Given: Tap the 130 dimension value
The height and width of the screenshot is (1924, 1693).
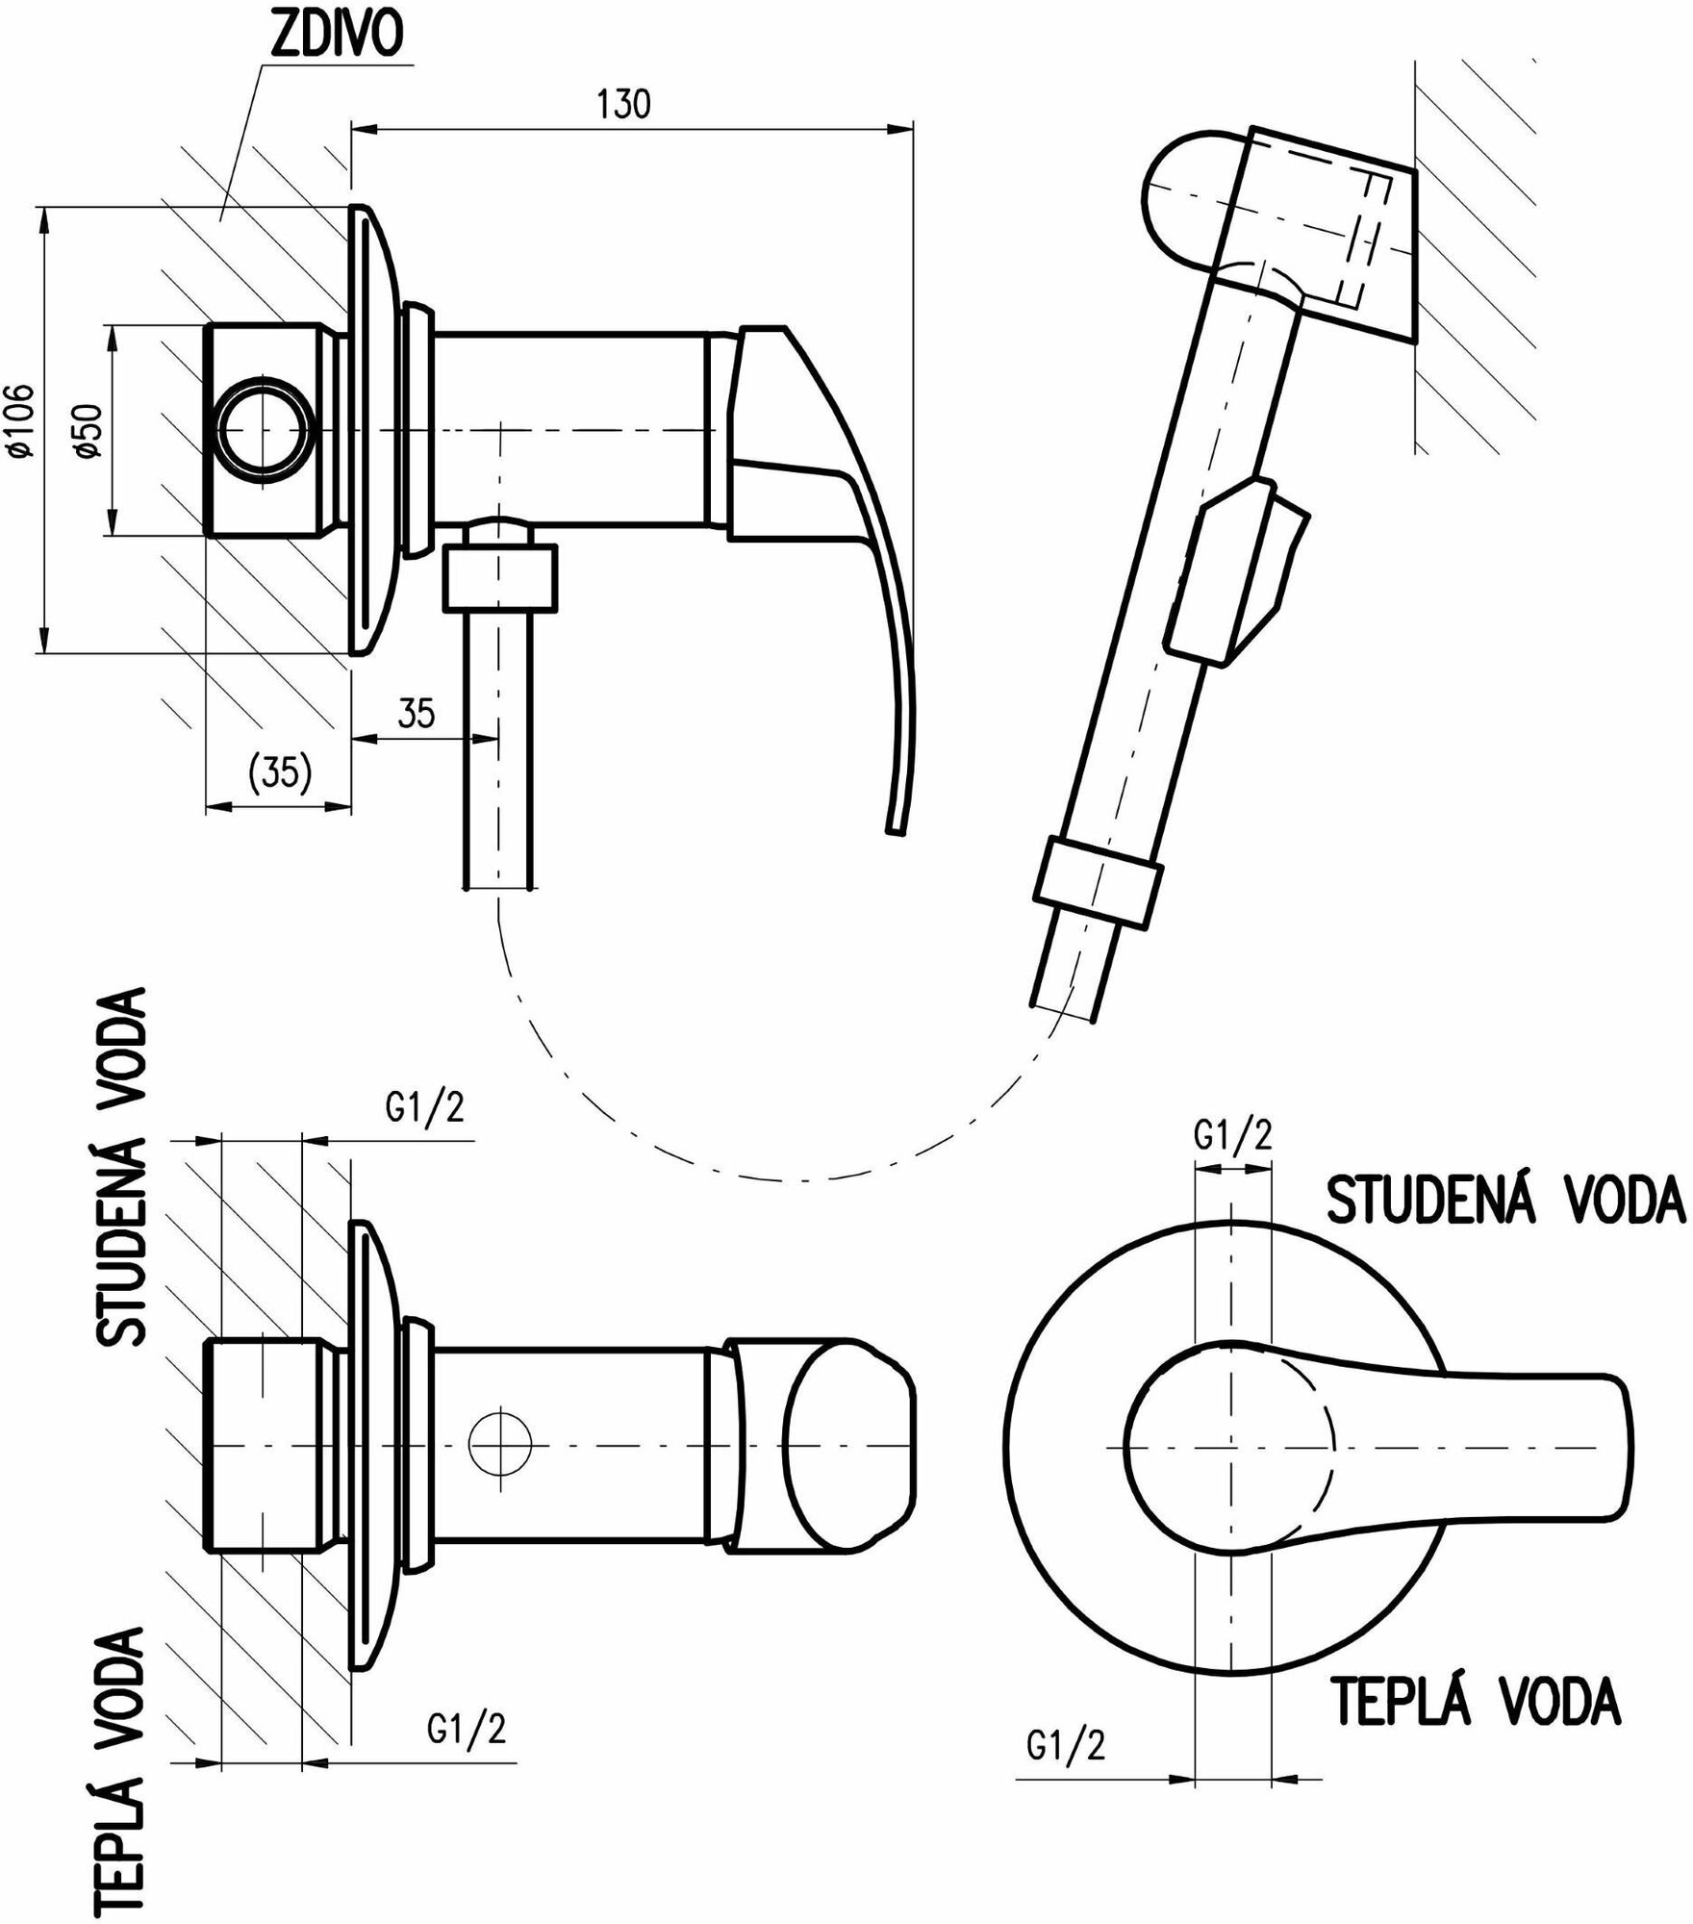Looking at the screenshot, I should pos(624,104).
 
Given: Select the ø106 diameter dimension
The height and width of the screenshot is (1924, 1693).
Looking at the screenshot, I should pos(21,420).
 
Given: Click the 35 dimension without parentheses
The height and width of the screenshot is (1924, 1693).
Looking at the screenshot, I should pos(416,714).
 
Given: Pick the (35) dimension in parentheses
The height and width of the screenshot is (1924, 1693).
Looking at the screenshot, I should pos(279,772).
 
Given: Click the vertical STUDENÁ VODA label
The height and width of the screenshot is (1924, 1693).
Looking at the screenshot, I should pos(122,1167).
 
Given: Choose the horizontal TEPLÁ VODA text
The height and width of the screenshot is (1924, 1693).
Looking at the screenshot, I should pos(1476,1700).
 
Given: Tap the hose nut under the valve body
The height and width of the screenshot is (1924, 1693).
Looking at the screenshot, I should pos(500,577).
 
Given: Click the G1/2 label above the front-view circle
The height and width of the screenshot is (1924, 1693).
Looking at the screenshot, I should pos(1232,1136).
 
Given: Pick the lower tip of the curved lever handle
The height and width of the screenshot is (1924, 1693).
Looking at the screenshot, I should pos(895,823).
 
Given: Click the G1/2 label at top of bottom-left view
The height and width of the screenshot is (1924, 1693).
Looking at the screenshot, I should pos(424,1108).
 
